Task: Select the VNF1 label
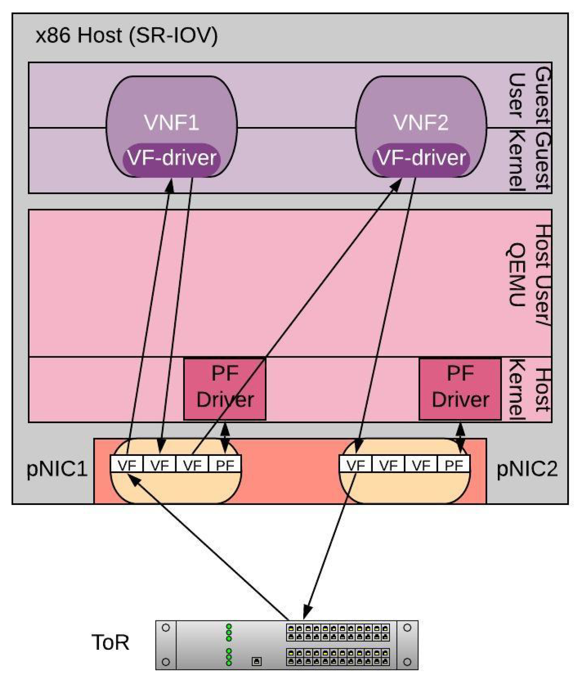(x=172, y=123)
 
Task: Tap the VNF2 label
(x=421, y=123)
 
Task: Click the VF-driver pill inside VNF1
(x=172, y=158)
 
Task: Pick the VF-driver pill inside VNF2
(x=421, y=158)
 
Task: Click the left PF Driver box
(x=225, y=389)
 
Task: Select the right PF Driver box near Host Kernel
(x=460, y=389)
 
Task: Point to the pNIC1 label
(x=57, y=469)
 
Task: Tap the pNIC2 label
(x=527, y=469)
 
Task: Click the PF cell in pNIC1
(x=225, y=465)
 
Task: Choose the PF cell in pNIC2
(x=454, y=465)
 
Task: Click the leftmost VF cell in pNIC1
(x=127, y=465)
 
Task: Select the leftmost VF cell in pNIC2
(x=355, y=465)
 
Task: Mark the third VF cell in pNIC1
(x=192, y=465)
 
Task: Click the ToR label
(x=110, y=642)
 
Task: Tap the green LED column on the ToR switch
(x=229, y=644)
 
